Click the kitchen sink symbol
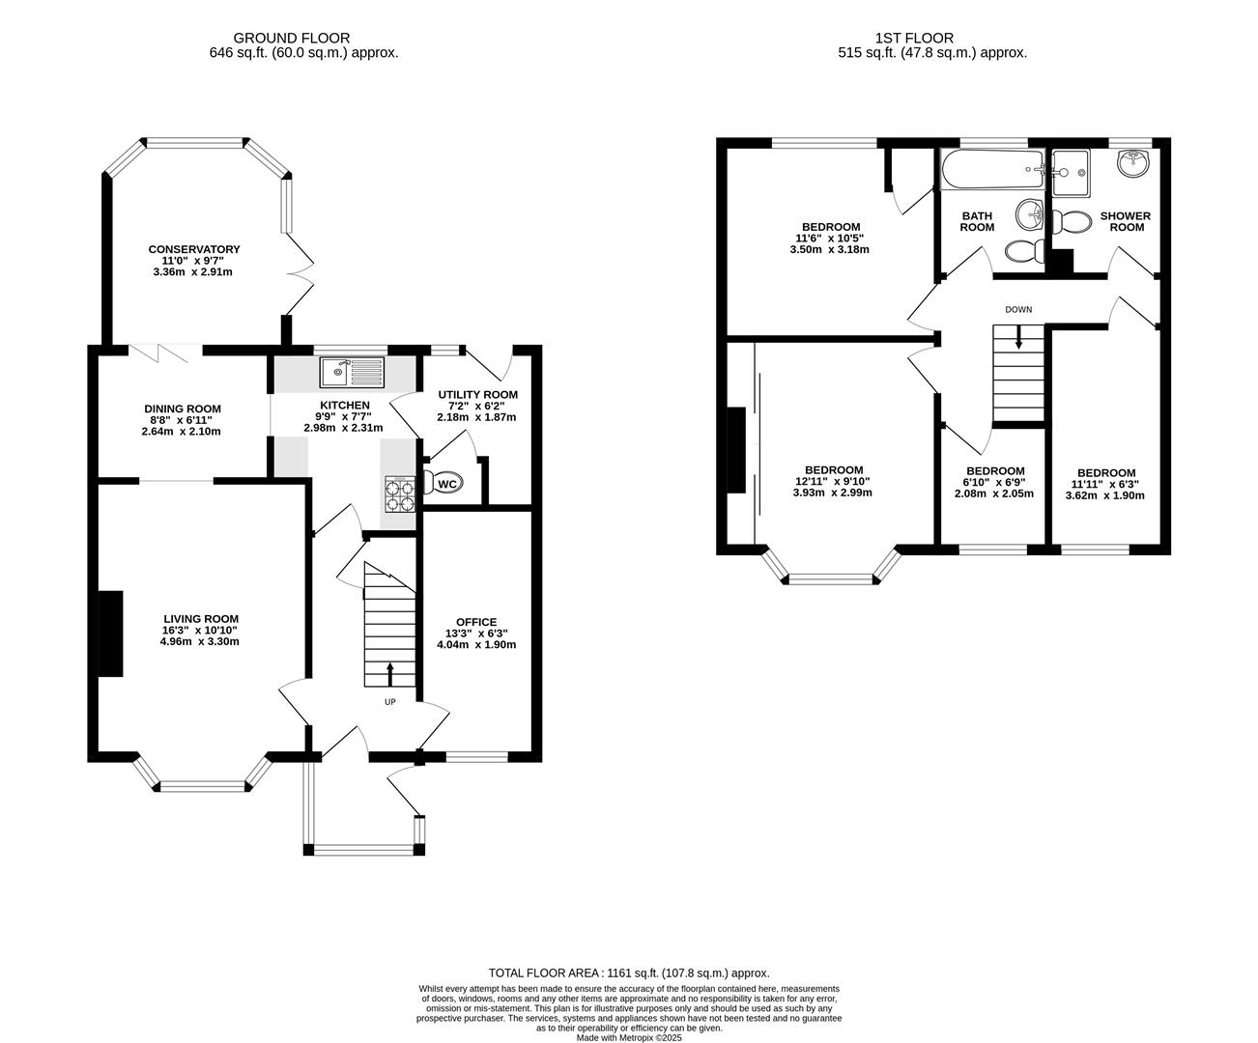(x=354, y=370)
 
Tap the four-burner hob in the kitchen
(x=400, y=493)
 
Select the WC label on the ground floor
(x=447, y=484)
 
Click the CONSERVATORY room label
(x=193, y=249)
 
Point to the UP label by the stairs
(x=390, y=702)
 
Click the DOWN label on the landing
(x=1018, y=310)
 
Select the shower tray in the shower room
(x=1071, y=172)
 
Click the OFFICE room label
(x=476, y=622)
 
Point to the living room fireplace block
(x=110, y=634)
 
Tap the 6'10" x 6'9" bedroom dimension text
(x=994, y=482)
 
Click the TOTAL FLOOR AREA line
(x=629, y=973)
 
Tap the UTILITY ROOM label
(x=477, y=394)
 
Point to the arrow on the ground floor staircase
(x=390, y=673)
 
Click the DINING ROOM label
(x=183, y=409)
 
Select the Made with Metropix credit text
(x=629, y=1038)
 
